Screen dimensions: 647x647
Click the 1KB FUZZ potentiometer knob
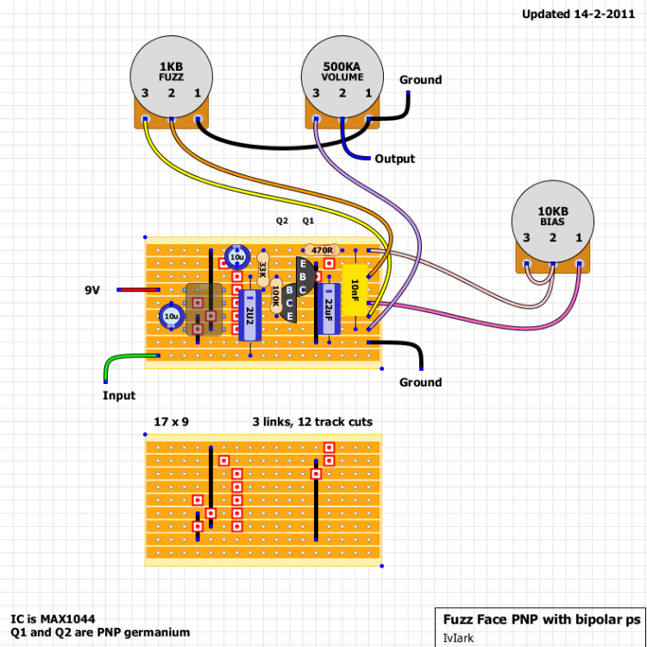pyautogui.click(x=171, y=74)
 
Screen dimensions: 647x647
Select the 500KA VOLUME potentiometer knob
pyautogui.click(x=342, y=74)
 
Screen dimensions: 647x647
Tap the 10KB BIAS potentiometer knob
pyautogui.click(x=552, y=220)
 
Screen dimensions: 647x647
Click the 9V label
pyautogui.click(x=92, y=291)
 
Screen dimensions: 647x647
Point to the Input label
pyautogui.click(x=119, y=396)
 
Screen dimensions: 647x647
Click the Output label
pyautogui.click(x=394, y=159)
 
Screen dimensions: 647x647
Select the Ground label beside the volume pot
pyautogui.click(x=420, y=80)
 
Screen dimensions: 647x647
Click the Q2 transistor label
pyautogui.click(x=282, y=221)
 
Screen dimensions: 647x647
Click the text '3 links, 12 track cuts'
pyautogui.click(x=312, y=422)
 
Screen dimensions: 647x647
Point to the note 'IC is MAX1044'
pyautogui.click(x=53, y=619)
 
